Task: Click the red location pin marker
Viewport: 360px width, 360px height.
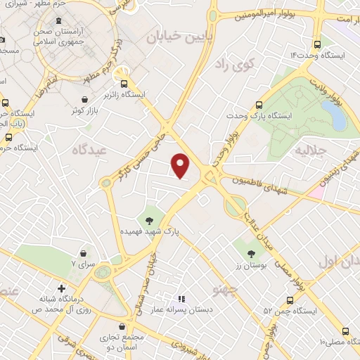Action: (x=181, y=165)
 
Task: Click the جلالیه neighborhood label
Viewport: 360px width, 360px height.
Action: (x=311, y=150)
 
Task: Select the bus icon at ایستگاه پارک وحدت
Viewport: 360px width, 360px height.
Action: (x=259, y=103)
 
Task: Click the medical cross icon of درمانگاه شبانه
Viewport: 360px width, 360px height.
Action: (x=63, y=288)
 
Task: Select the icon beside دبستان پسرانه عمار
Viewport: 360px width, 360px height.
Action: (x=181, y=300)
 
